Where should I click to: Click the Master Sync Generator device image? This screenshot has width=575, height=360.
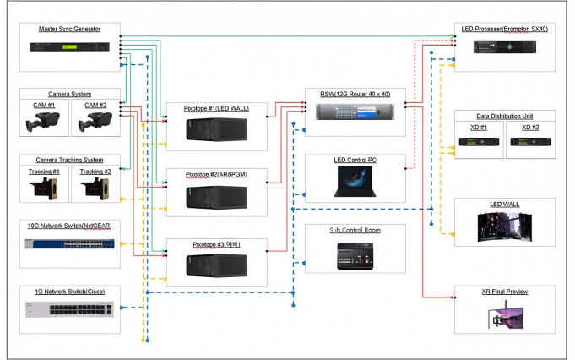coord(70,47)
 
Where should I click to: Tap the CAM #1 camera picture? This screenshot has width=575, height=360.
coord(43,122)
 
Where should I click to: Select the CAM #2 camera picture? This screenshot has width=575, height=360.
coord(95,122)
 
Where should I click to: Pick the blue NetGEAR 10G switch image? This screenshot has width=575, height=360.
coord(70,243)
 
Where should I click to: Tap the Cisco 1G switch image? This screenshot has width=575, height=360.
coord(70,309)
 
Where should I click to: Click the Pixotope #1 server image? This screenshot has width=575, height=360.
coord(216,129)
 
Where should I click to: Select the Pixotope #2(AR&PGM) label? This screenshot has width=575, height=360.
coord(216,174)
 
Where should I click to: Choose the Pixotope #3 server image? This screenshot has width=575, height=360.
coord(216,265)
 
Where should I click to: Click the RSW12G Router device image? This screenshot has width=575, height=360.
coord(355,112)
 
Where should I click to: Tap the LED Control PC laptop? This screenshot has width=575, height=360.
coord(355,182)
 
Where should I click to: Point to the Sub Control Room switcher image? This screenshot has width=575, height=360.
coord(355,256)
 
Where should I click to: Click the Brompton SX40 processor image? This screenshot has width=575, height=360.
coord(505,47)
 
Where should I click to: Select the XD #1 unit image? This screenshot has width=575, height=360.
coord(479,142)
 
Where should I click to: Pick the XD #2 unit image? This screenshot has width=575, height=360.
coord(530,142)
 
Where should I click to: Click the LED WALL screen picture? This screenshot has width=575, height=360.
coord(505,226)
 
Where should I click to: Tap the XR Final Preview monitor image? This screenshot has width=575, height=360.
coord(505,314)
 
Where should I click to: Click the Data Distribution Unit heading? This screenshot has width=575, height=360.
coord(505,116)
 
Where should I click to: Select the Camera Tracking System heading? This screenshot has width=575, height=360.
coord(70,160)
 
